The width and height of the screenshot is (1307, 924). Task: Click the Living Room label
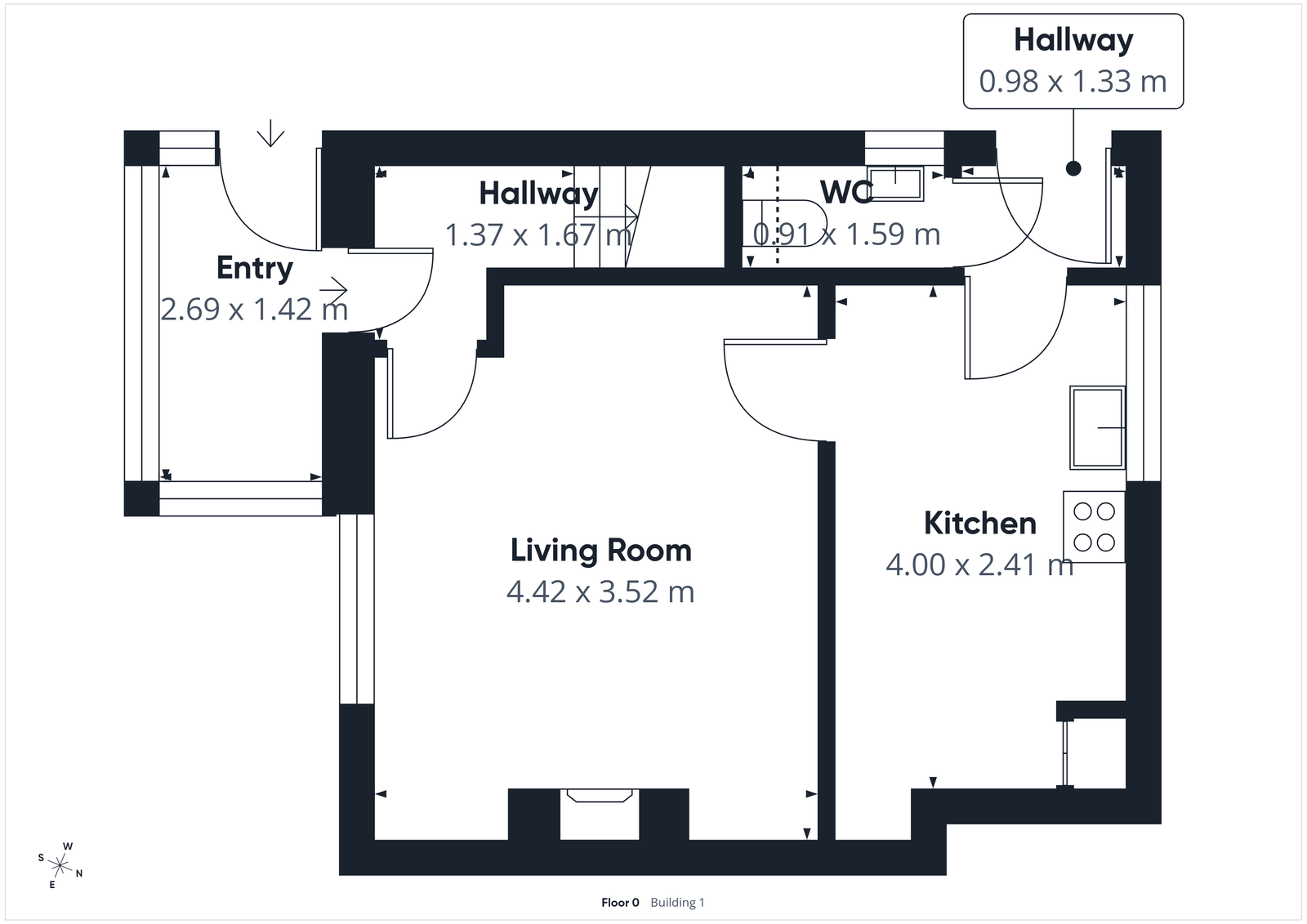600,551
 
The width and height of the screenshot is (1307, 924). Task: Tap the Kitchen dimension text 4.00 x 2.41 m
979,565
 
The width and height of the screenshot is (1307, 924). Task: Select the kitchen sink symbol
1097,427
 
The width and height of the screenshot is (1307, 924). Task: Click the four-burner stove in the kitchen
1094,527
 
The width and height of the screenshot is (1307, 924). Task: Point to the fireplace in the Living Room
600,813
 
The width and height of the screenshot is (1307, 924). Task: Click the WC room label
846,192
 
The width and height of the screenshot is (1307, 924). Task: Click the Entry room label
254,268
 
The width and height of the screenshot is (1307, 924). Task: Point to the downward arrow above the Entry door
270,134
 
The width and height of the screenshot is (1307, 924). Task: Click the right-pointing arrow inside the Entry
333,289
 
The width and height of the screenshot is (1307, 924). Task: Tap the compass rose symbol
60,865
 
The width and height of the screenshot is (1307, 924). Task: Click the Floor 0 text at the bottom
620,903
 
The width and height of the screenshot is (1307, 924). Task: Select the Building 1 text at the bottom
677,903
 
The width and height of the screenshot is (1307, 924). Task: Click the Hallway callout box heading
1073,40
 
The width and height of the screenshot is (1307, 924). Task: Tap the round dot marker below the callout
1073,168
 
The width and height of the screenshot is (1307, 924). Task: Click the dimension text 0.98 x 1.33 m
1073,82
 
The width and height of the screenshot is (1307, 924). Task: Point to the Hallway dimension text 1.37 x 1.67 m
538,235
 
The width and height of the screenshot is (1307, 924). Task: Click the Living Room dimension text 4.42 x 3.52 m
600,591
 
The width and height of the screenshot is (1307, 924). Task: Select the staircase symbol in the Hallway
611,216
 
